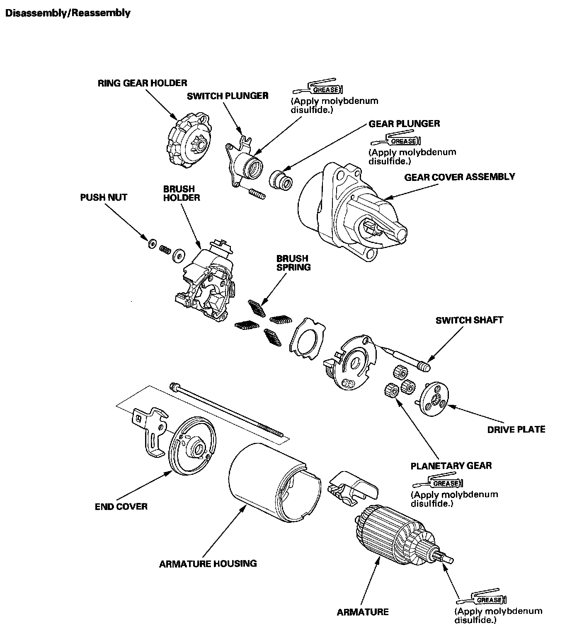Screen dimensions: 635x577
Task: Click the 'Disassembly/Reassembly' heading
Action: (68, 13)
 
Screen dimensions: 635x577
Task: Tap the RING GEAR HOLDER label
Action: (142, 83)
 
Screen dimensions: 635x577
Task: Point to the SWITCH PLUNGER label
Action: (228, 96)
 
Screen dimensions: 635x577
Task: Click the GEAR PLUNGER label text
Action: (404, 124)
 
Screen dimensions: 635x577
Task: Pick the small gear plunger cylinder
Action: (281, 179)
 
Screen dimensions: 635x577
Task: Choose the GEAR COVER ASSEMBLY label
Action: (459, 177)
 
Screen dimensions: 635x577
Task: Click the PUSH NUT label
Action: (104, 197)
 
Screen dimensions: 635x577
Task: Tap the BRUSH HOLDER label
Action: (182, 193)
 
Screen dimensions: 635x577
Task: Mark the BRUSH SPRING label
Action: (293, 263)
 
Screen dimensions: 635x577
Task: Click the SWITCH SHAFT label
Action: (469, 320)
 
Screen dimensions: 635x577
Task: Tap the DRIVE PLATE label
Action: (516, 429)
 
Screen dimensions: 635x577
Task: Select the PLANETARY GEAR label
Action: (451, 466)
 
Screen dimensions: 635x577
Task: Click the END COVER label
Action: (121, 506)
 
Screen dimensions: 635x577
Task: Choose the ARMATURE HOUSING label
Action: (208, 563)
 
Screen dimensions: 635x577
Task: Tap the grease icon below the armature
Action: (482, 599)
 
